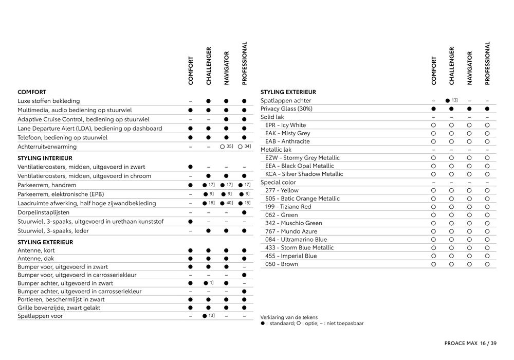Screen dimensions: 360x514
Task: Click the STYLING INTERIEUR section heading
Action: coord(45,158)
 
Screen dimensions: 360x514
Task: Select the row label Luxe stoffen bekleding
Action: coord(49,101)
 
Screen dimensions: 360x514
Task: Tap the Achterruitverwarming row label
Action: coord(47,147)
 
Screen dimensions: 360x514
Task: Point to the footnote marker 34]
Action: coord(248,147)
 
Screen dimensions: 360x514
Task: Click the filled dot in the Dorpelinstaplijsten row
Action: coord(244,212)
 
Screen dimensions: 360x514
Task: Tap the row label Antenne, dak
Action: coord(35,259)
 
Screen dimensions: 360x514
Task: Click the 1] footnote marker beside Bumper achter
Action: coord(212,283)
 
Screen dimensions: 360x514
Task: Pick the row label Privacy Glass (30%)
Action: coord(286,109)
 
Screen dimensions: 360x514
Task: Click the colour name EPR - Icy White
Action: coord(285,125)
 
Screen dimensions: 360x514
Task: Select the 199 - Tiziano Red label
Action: coord(288,207)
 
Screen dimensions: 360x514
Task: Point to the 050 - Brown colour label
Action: coord(282,264)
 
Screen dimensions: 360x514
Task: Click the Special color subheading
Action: coord(278,182)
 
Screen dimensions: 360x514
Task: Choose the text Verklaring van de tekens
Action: coord(289,317)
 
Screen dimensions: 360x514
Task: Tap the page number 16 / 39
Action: coord(488,343)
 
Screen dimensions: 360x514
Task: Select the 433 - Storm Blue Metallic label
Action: coord(300,247)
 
